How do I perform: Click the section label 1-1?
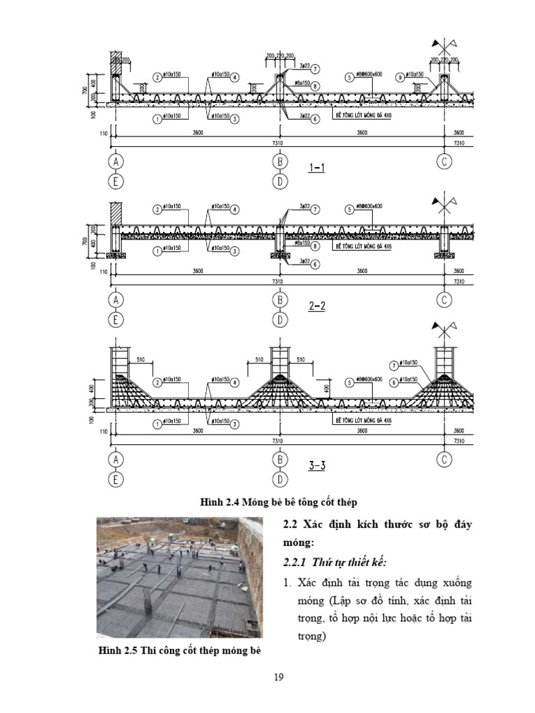[x=316, y=168]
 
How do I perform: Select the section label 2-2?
[x=316, y=306]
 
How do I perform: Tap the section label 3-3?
[x=316, y=466]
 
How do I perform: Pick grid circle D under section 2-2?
[x=280, y=320]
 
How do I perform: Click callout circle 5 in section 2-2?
[x=349, y=207]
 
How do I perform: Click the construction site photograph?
[x=180, y=577]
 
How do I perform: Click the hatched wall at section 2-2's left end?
[x=116, y=212]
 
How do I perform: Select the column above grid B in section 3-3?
[x=280, y=360]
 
